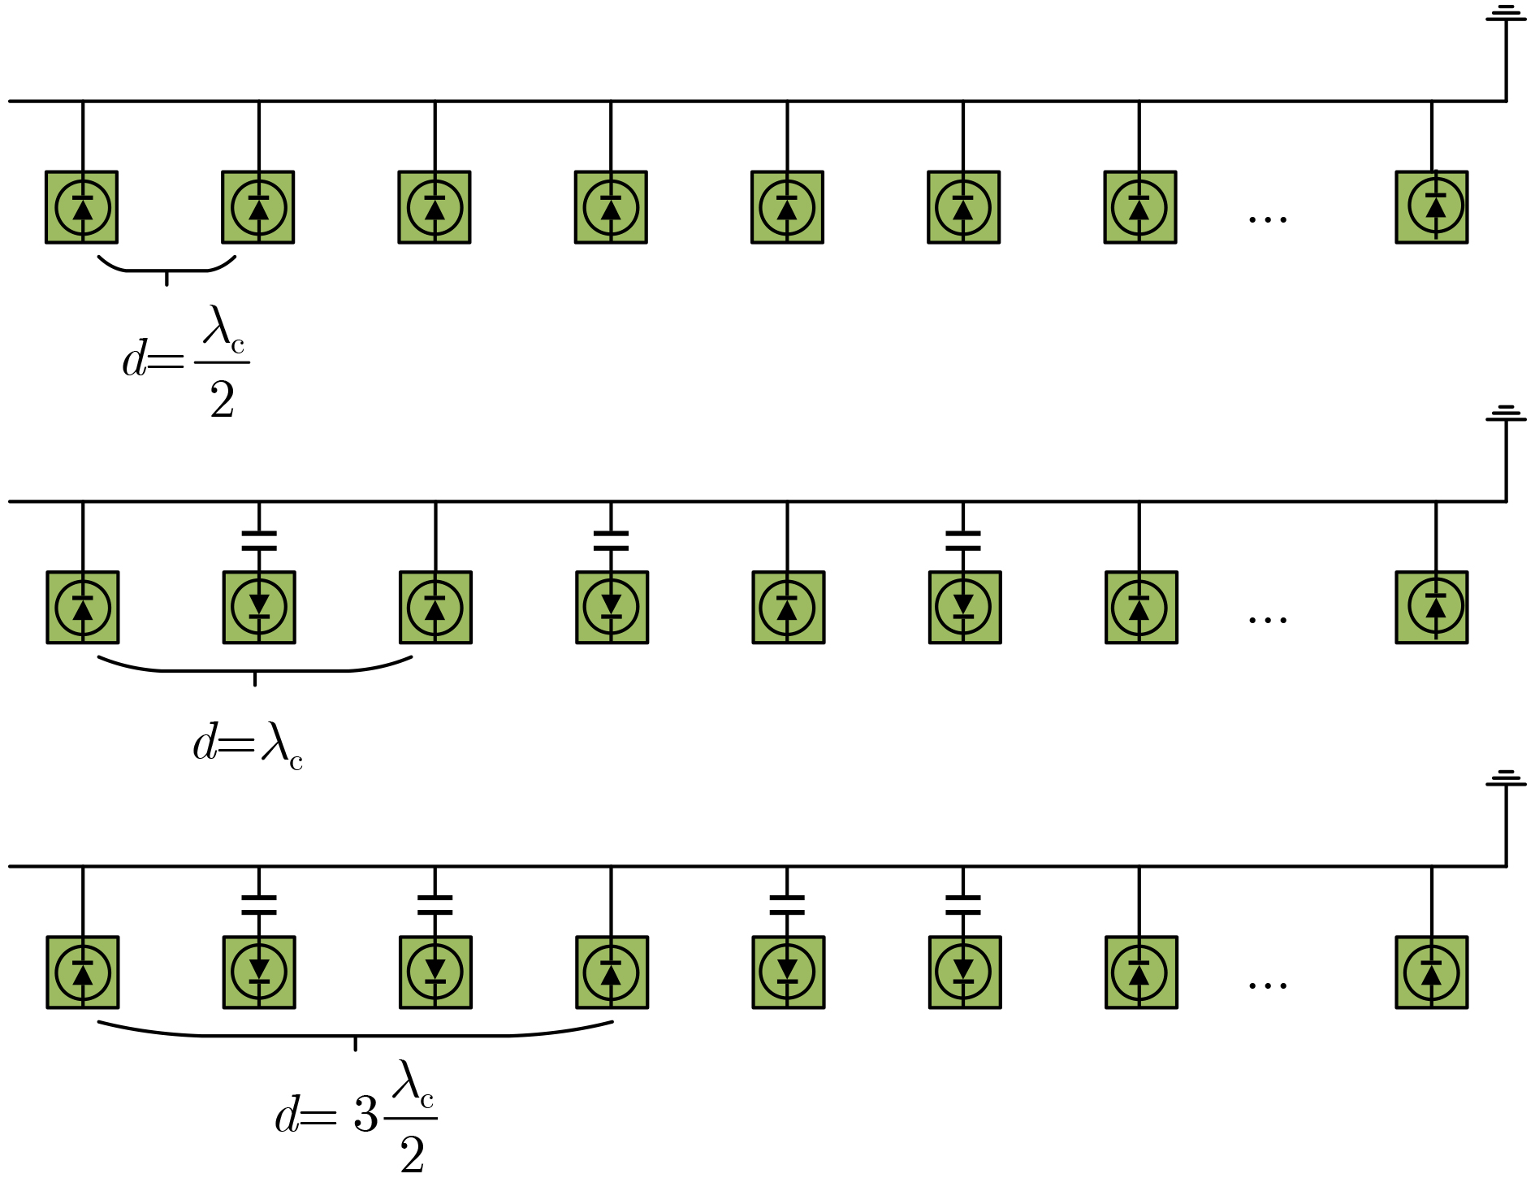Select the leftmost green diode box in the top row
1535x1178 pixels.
pos(82,207)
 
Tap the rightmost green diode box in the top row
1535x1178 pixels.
pos(1431,207)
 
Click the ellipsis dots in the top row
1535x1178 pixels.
pos(1267,219)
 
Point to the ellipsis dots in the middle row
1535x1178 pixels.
pos(1267,620)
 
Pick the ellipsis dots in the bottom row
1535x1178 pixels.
pos(1267,985)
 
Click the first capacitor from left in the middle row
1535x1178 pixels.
pos(259,540)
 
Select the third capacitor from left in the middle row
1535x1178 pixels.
pos(963,540)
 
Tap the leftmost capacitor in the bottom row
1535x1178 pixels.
pos(259,905)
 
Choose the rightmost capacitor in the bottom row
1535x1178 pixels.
pos(963,905)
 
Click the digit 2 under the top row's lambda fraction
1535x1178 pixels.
pos(222,401)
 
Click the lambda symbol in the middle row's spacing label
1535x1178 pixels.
pos(275,742)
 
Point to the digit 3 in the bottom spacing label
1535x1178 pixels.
pos(365,1115)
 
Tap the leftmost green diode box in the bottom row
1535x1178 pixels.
pos(83,972)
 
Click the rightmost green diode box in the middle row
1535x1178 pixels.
pos(1431,608)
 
